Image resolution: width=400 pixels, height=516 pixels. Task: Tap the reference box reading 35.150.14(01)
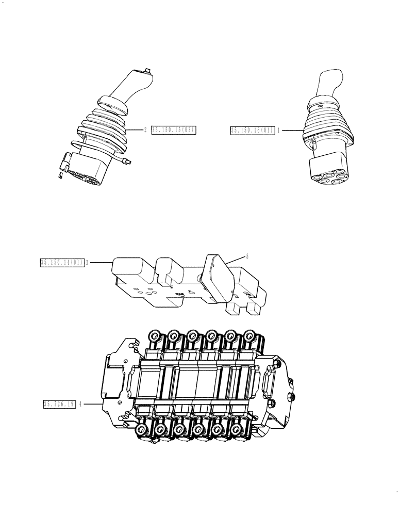(x=62, y=263)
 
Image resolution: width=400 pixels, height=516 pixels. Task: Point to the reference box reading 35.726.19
(x=59, y=405)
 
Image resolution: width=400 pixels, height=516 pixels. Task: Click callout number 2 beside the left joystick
(x=145, y=131)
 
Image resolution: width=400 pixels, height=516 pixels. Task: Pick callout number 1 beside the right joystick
(x=279, y=131)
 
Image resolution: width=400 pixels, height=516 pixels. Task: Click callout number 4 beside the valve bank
(x=81, y=405)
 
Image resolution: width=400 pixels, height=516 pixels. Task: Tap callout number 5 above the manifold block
(x=246, y=256)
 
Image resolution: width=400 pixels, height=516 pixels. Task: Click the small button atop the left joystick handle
(x=147, y=71)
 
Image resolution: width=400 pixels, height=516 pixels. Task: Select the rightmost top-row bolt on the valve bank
(x=251, y=336)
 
